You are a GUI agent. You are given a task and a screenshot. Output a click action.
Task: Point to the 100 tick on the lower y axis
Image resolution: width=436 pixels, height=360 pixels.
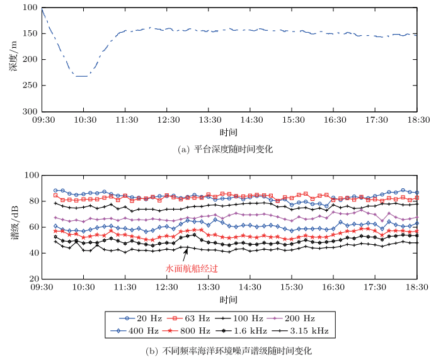pyautogui.click(x=30, y=176)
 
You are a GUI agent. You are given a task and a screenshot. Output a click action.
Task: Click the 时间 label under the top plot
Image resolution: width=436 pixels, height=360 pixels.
pyautogui.click(x=229, y=132)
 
